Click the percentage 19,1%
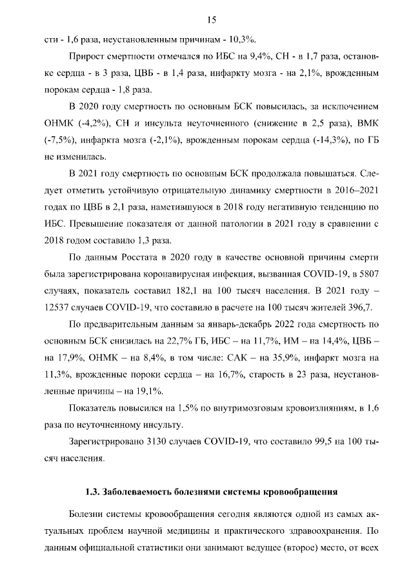(x=148, y=390)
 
